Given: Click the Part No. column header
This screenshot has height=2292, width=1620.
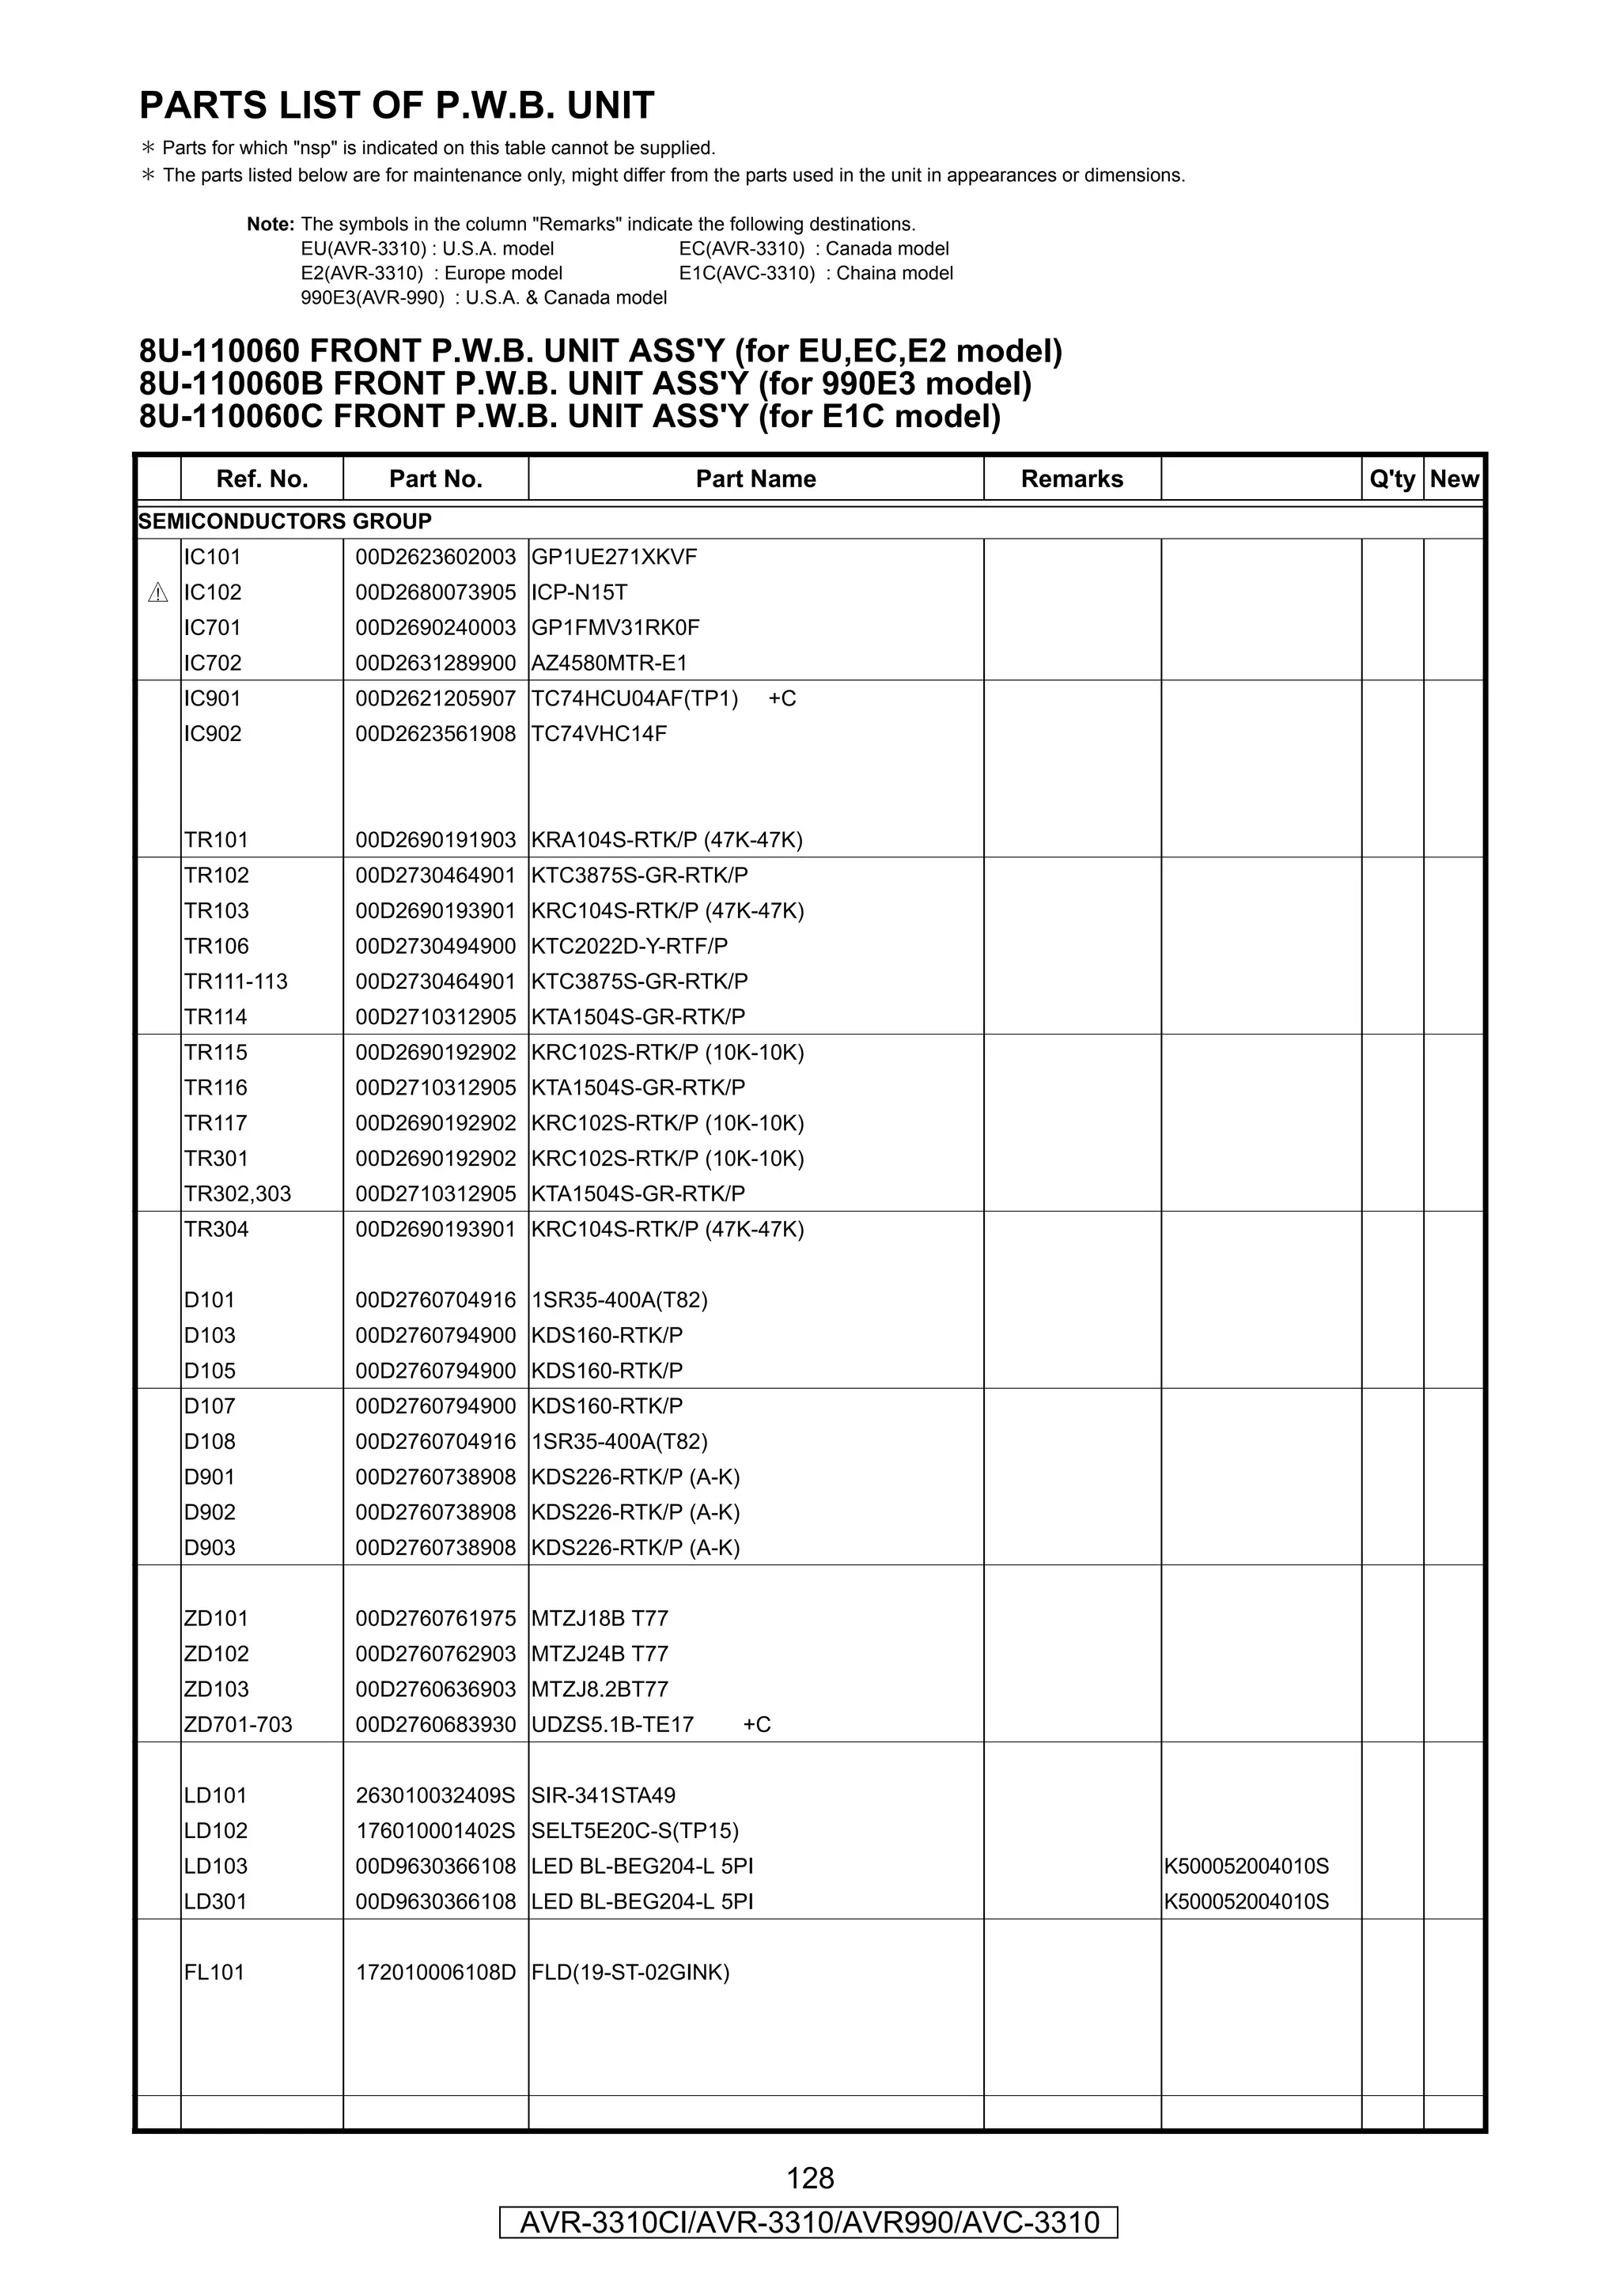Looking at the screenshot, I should (x=435, y=479).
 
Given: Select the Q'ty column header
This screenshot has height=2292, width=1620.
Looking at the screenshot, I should (x=1391, y=479).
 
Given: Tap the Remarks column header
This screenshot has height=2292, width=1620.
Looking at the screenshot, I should (x=1071, y=479).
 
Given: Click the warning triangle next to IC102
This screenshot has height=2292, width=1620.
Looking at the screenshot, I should (x=157, y=593).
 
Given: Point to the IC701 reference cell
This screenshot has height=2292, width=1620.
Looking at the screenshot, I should (x=212, y=628).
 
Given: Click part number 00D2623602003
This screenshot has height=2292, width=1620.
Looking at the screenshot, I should (x=435, y=557).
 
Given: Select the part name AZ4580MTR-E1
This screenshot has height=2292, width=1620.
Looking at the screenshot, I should (x=609, y=663).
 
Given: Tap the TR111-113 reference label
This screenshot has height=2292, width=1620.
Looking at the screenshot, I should (x=236, y=981).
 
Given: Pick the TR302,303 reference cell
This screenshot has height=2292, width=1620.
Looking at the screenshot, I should (x=237, y=1194).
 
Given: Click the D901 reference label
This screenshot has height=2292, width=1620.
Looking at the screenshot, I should (x=210, y=1477).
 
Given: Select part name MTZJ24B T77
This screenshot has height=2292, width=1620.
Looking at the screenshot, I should (x=599, y=1653).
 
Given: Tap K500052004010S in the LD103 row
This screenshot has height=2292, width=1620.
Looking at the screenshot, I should (x=1246, y=1866).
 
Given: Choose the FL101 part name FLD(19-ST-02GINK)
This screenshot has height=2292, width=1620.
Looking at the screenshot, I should (x=630, y=1972).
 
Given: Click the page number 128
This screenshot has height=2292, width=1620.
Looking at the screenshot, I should (x=809, y=2177).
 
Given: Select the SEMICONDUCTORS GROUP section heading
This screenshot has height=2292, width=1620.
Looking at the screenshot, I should (x=285, y=521).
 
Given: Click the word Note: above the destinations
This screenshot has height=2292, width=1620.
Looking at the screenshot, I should (x=271, y=225).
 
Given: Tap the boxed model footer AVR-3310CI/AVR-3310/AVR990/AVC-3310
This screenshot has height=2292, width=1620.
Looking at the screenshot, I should (x=809, y=2222).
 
